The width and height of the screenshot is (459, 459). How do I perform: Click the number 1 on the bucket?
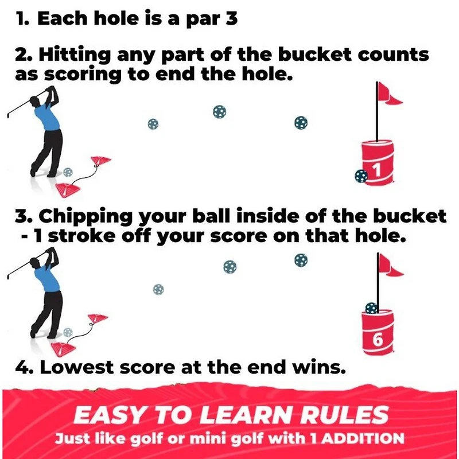click(x=376, y=170)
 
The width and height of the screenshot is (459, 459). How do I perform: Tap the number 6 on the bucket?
click(x=378, y=339)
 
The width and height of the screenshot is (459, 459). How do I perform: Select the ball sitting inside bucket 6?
click(x=372, y=308)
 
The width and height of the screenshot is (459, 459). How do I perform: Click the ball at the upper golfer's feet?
click(x=68, y=172)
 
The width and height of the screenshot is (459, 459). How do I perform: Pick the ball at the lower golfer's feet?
click(x=68, y=332)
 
